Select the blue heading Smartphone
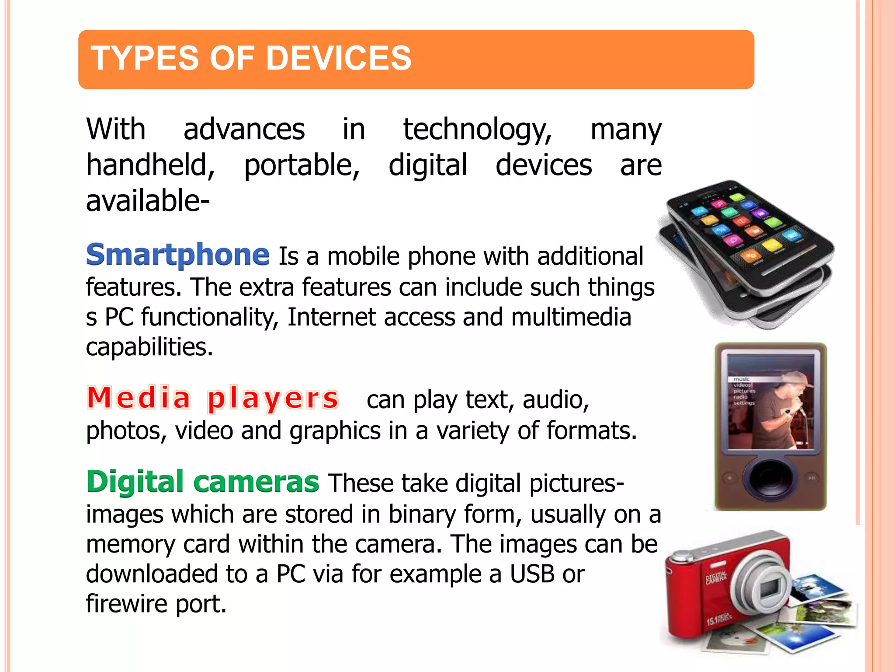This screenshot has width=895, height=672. [x=177, y=255]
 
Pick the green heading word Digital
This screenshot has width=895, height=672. [x=135, y=482]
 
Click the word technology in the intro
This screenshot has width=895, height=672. [x=477, y=130]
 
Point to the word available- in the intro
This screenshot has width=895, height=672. [x=148, y=201]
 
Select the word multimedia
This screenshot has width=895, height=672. [x=571, y=317]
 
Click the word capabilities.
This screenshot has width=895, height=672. [x=149, y=347]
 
